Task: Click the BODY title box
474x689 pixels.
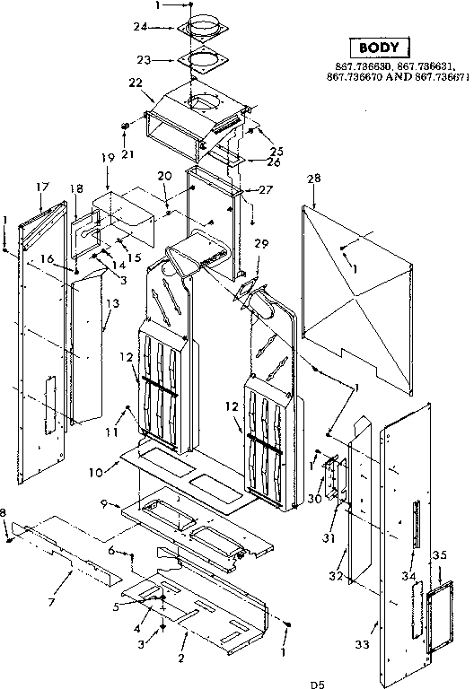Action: pos(378,48)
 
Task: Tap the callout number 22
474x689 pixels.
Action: pos(136,83)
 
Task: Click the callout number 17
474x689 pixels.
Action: pos(41,187)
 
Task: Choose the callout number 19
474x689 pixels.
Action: pos(107,157)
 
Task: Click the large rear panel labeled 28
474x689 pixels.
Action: pos(359,287)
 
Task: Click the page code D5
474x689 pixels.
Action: pos(317,685)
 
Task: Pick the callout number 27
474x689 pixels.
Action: pos(265,190)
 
